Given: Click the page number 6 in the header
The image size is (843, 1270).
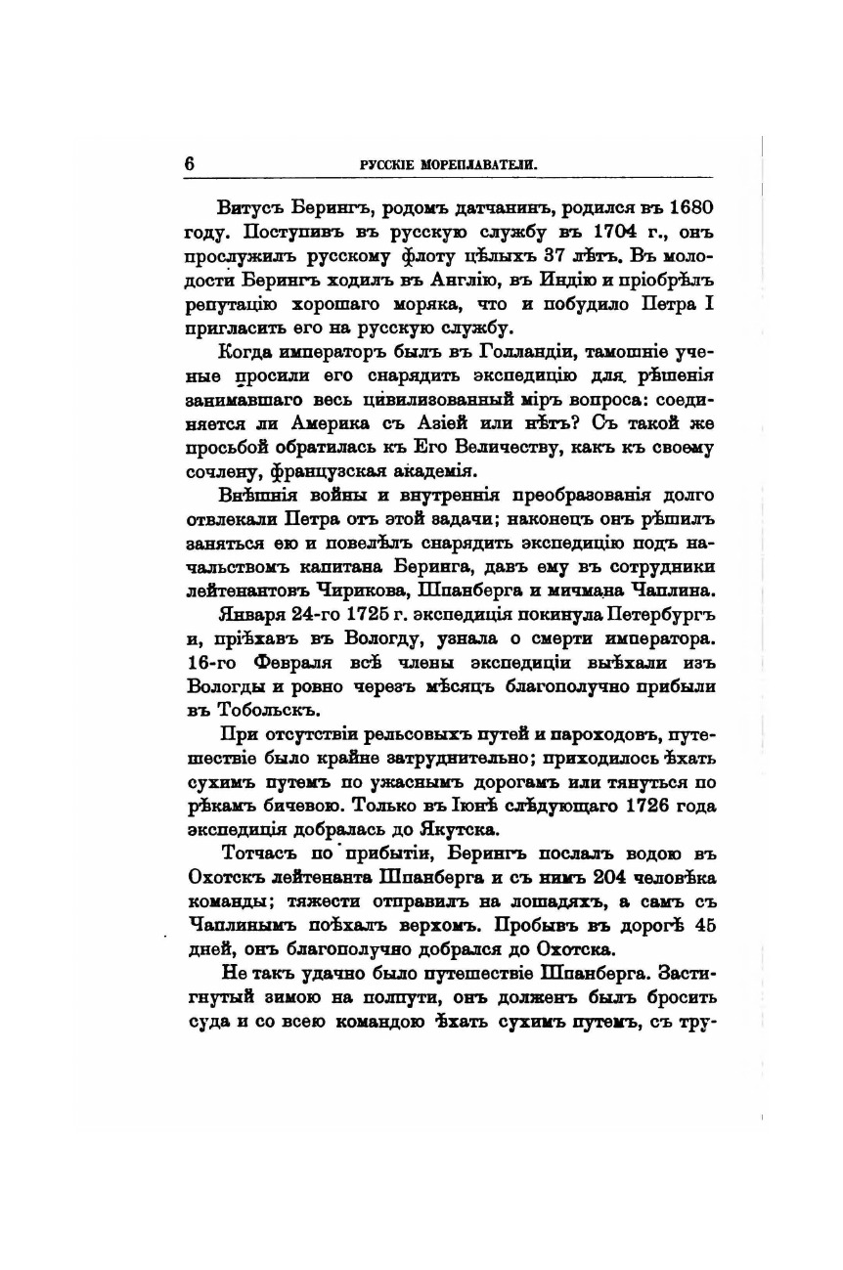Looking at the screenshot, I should point(190,164).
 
